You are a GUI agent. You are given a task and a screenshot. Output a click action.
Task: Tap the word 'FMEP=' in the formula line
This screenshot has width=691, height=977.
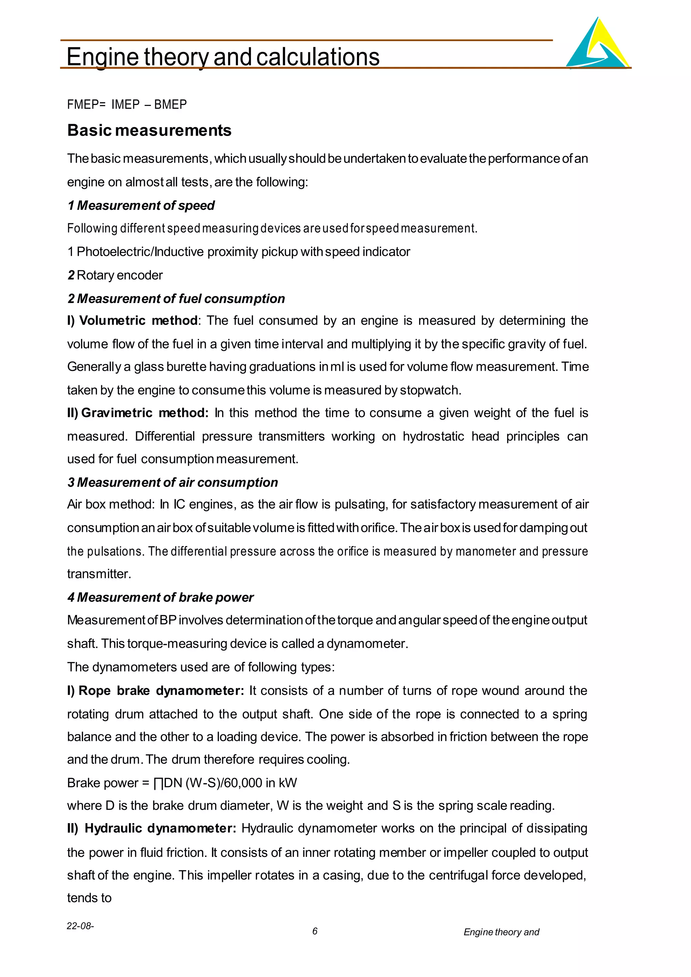86,105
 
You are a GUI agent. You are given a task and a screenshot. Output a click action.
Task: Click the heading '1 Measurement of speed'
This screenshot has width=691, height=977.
141,205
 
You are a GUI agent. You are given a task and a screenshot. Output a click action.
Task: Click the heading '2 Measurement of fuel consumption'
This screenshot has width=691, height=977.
176,299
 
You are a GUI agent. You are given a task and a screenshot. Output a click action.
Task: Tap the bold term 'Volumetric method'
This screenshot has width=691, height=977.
138,320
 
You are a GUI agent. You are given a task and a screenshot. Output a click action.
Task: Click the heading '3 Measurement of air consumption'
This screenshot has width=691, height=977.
172,482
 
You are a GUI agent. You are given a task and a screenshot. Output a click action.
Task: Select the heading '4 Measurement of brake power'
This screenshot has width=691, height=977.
160,597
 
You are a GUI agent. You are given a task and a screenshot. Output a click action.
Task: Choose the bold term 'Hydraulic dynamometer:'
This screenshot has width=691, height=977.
160,829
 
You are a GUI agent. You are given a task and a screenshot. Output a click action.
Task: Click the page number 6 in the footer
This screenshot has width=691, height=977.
315,931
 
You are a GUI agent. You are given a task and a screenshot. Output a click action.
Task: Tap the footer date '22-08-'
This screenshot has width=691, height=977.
80,926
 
